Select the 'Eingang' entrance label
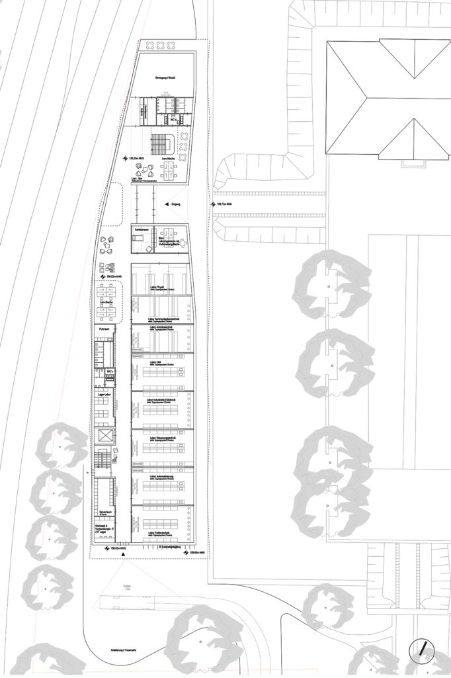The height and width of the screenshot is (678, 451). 176,205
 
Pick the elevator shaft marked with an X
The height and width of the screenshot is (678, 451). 104,436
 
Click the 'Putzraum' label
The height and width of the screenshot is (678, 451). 104,328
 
